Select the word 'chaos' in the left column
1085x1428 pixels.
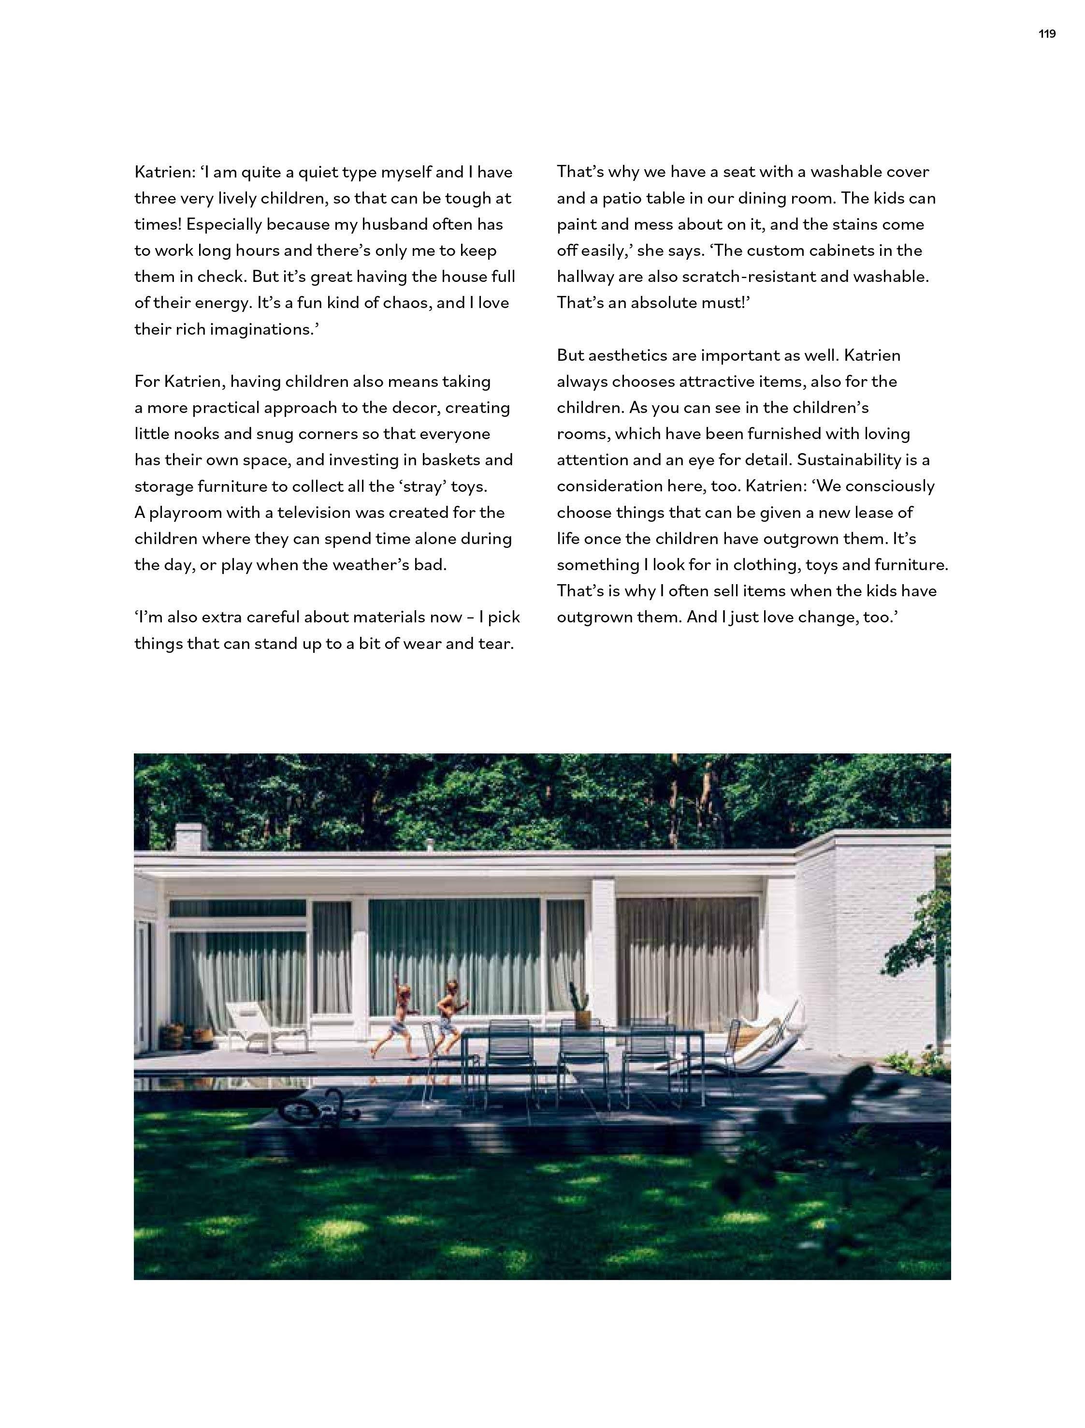pos(405,303)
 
